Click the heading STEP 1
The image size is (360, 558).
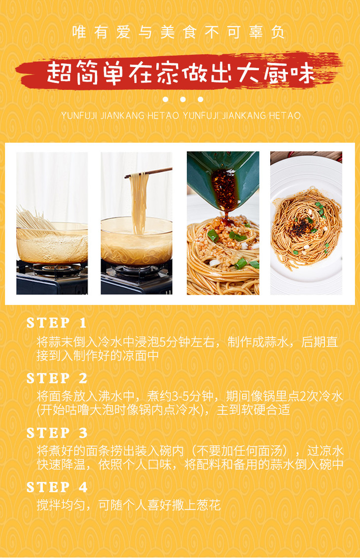click(x=56, y=323)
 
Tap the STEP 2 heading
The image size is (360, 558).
click(x=57, y=378)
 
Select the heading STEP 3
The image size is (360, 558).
click(x=57, y=433)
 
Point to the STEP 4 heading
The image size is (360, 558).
click(x=57, y=487)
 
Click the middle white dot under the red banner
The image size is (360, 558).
click(x=183, y=99)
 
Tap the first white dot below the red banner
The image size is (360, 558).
click(x=165, y=99)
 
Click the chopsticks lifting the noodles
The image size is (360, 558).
click(x=148, y=173)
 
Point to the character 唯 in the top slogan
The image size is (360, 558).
click(x=79, y=32)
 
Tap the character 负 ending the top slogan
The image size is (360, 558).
click(x=278, y=32)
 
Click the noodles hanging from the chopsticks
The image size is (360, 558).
click(x=138, y=203)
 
